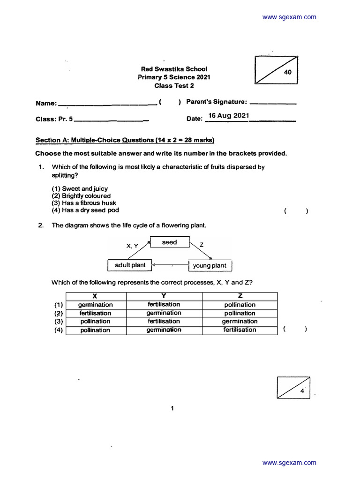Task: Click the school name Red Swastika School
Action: click(174, 69)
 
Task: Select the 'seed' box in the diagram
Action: click(169, 242)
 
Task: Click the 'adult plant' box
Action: click(130, 265)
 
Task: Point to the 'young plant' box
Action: click(210, 266)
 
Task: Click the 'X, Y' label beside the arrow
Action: click(132, 246)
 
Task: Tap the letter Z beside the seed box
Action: click(202, 245)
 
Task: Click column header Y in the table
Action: click(164, 296)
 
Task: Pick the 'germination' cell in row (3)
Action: click(240, 322)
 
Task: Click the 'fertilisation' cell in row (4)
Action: click(240, 330)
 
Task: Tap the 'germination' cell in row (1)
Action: click(96, 305)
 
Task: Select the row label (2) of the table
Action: click(58, 313)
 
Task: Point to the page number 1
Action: click(172, 409)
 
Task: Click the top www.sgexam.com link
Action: click(289, 17)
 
